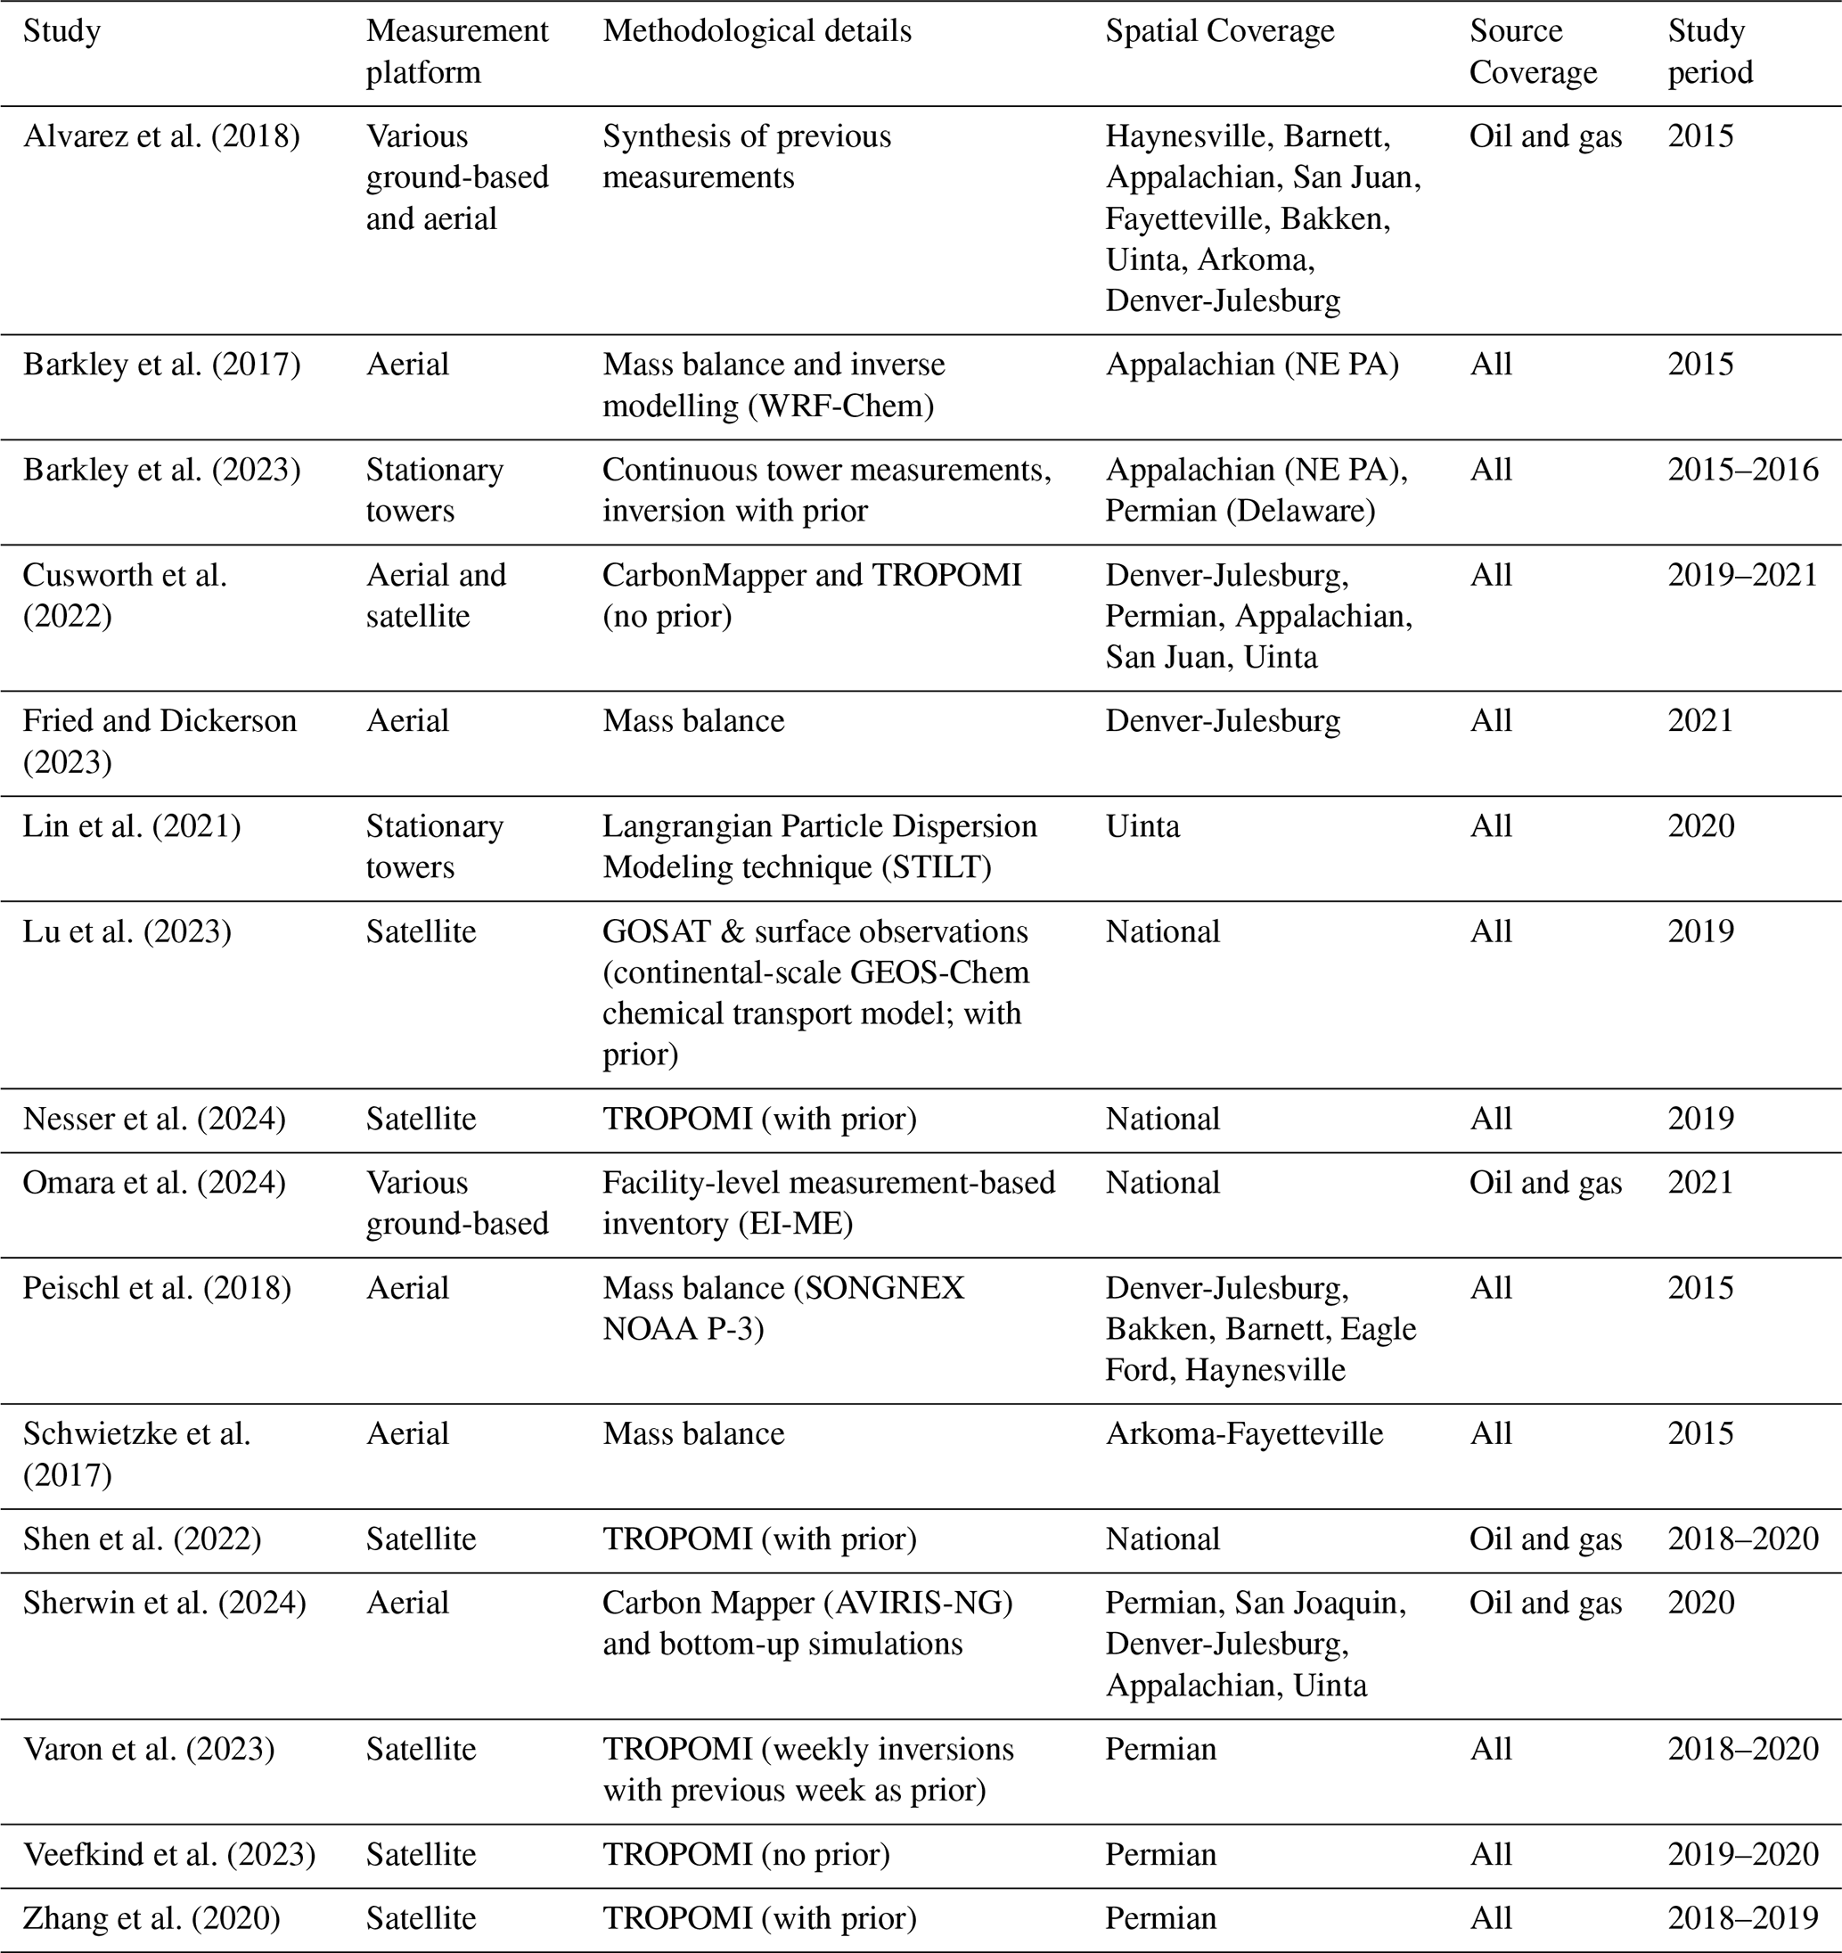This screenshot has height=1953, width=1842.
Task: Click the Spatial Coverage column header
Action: click(1219, 31)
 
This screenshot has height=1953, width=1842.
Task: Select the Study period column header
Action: click(1709, 51)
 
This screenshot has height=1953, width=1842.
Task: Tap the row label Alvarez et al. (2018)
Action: click(161, 135)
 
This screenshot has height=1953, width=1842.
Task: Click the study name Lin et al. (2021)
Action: click(132, 825)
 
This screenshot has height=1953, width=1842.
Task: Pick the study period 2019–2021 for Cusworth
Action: click(1743, 575)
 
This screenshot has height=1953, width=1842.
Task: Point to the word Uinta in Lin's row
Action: click(1142, 825)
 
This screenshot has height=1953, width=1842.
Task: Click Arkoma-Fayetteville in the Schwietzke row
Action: click(1244, 1433)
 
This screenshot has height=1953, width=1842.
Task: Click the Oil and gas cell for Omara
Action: click(1545, 1182)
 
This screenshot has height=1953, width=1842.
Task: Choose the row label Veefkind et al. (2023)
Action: click(169, 1854)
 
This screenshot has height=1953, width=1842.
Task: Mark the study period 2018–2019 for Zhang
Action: click(1743, 1917)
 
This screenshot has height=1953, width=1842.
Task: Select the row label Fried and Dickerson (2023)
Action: click(160, 741)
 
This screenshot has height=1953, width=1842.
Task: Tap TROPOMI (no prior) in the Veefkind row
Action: click(746, 1854)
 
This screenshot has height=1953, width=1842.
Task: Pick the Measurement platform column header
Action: click(457, 51)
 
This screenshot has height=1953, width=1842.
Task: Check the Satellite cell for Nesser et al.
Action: click(421, 1118)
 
